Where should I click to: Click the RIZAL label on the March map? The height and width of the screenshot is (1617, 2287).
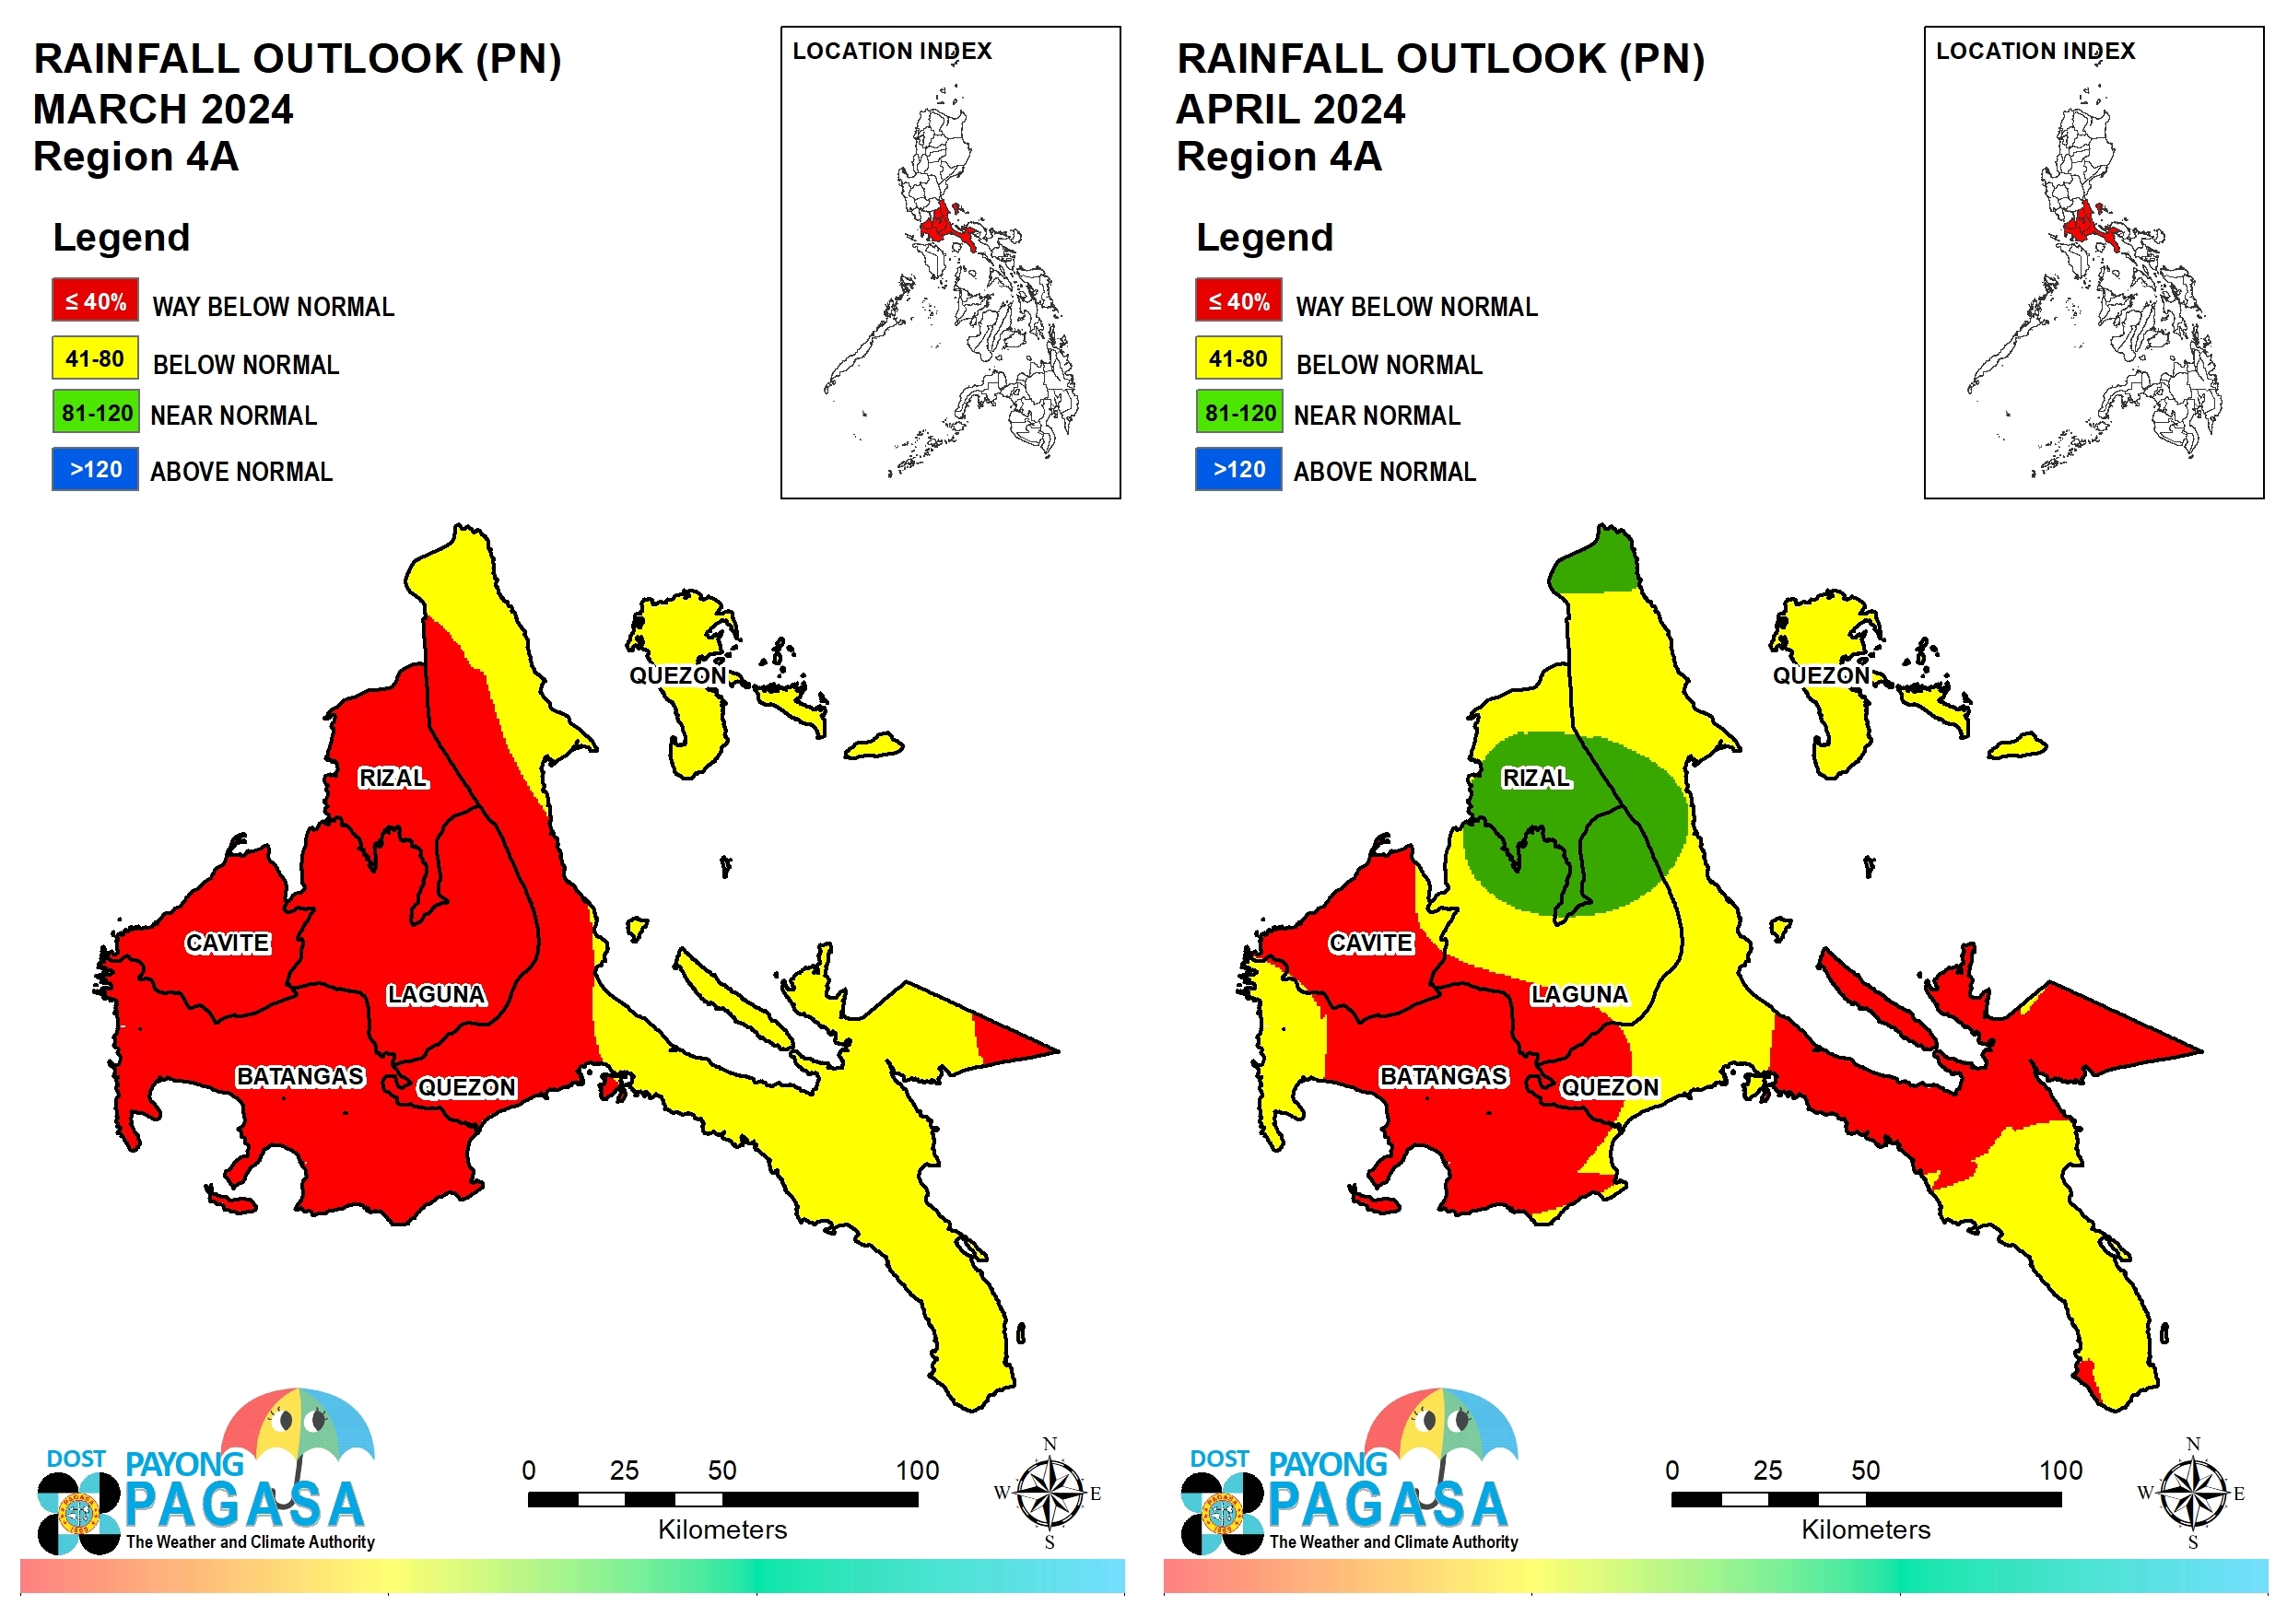[x=393, y=777]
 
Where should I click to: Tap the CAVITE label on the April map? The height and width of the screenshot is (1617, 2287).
[x=1370, y=943]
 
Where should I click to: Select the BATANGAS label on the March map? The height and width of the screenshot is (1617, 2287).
[x=299, y=1076]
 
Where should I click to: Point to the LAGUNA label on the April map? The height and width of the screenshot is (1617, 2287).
[x=1579, y=994]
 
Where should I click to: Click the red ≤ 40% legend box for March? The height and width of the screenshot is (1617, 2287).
[x=96, y=299]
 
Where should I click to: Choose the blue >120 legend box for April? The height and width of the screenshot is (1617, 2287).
[x=1238, y=469]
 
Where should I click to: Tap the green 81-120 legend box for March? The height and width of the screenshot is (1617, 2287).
[x=96, y=412]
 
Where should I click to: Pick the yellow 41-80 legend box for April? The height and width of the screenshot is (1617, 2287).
[x=1238, y=357]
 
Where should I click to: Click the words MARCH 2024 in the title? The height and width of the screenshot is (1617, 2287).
[x=163, y=109]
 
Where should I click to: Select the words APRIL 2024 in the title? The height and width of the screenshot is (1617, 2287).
[x=1291, y=109]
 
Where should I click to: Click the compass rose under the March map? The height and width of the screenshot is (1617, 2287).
[x=1049, y=1493]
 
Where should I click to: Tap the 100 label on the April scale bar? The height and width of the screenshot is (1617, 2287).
[x=2061, y=1470]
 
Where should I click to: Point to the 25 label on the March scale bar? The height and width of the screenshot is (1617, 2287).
[x=625, y=1470]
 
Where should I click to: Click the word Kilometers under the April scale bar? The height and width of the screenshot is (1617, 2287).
[x=1866, y=1529]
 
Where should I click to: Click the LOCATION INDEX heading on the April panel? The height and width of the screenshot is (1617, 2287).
[x=2035, y=51]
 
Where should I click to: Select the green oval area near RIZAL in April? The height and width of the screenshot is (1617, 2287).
[x=1575, y=823]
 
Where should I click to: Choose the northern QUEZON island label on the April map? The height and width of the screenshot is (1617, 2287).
[x=1821, y=674]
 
